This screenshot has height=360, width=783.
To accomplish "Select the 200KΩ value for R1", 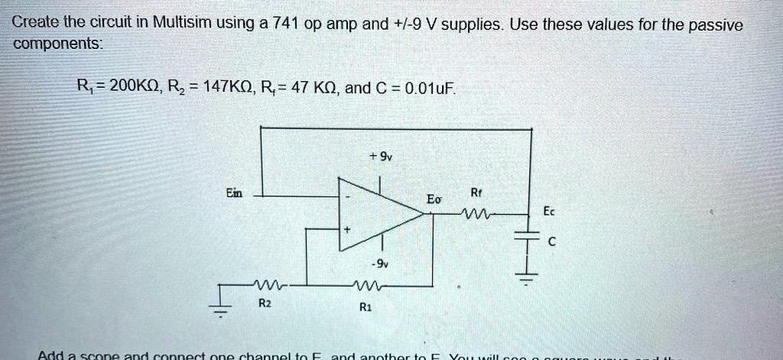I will pyautogui.click(x=133, y=86).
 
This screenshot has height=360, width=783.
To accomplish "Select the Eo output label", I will pyautogui.click(x=434, y=199).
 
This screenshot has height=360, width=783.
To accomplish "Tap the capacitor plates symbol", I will pyautogui.click(x=528, y=238).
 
